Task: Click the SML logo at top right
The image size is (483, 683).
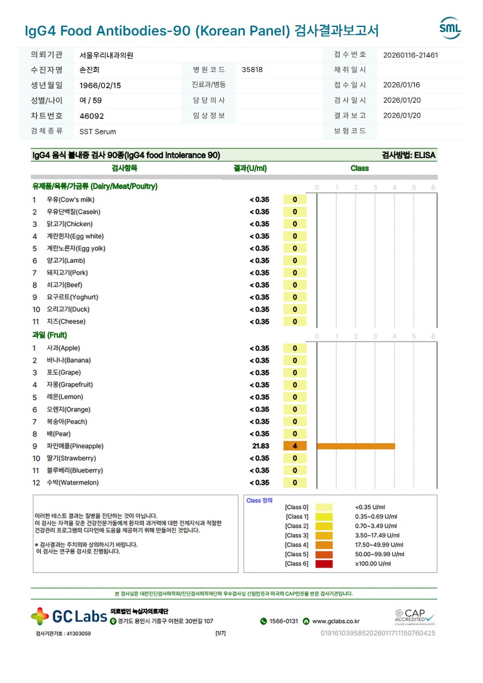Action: tap(450, 28)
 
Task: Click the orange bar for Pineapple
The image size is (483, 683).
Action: tap(356, 446)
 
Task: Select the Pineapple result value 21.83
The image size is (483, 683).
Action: tap(261, 446)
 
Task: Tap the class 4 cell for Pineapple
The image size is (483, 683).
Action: tap(295, 446)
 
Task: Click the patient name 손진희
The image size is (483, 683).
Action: tap(89, 70)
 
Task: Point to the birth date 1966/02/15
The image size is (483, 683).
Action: tap(100, 85)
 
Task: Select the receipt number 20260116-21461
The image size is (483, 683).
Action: tap(411, 55)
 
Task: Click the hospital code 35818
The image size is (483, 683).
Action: tap(252, 70)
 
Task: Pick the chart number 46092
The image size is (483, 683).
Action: tap(92, 116)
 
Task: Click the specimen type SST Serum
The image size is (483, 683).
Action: tap(98, 132)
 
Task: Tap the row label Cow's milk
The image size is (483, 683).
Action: tap(70, 199)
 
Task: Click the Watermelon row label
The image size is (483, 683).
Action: tap(72, 483)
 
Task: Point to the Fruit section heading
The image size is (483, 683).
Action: tap(49, 335)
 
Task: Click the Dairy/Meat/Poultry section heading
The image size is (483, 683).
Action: tap(95, 186)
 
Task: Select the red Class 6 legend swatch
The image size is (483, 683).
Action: tap(324, 564)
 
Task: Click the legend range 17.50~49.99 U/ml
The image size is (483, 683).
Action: tap(377, 545)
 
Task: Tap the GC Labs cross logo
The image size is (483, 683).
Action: tap(40, 616)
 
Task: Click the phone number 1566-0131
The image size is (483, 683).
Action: tap(283, 621)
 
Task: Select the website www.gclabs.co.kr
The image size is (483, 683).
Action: tap(336, 621)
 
